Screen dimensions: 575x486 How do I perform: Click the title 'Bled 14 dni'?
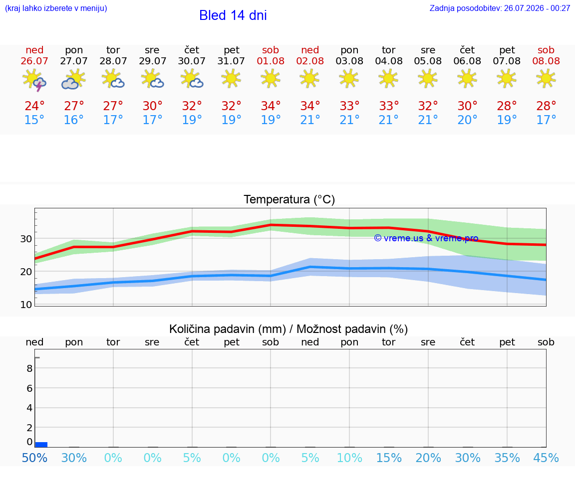point(233,15)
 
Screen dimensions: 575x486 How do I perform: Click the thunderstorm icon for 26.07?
point(34,80)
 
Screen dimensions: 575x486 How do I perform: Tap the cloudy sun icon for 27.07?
point(74,80)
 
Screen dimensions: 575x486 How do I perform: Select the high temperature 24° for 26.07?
point(34,106)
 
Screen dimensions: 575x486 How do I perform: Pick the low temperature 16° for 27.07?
point(74,120)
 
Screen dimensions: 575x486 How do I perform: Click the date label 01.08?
point(271,61)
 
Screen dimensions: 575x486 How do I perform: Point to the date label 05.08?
point(428,61)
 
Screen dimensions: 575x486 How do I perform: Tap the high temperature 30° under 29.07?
point(153,106)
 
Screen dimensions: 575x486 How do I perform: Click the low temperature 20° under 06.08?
point(467,120)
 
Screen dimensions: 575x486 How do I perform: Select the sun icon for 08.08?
point(546,79)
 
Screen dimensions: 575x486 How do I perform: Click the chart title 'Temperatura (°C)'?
point(289,199)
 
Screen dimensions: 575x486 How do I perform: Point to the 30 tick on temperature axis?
point(26,239)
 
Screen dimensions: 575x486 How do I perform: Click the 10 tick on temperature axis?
point(26,305)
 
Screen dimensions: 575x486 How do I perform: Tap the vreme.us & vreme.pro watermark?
point(426,238)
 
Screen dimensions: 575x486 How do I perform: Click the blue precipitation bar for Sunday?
point(41,445)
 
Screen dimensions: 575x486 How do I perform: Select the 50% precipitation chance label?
point(34,458)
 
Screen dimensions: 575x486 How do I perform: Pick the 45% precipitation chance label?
point(546,458)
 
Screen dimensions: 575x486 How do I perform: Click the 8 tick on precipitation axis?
point(30,368)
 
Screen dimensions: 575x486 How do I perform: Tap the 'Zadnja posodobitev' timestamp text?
point(500,8)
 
